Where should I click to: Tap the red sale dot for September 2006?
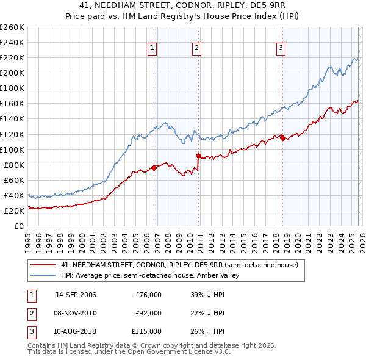tap(154, 168)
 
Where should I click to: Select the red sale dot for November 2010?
tap(198, 156)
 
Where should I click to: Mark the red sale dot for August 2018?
tap(282, 138)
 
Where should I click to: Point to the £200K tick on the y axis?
tap(12, 73)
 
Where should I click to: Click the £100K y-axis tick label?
tap(12, 149)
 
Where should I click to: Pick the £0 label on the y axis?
tap(18, 226)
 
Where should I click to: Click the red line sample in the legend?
tap(43, 265)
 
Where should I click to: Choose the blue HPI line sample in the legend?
tap(43, 276)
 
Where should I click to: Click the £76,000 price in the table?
tap(148, 295)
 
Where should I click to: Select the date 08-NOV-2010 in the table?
tap(76, 313)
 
